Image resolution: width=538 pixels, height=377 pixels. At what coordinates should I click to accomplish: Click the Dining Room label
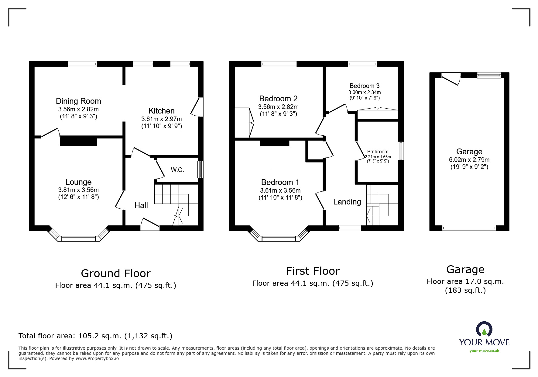click(78, 101)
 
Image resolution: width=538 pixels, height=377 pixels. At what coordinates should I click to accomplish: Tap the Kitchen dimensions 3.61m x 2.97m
click(161, 119)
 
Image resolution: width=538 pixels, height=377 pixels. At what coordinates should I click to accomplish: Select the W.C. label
click(177, 170)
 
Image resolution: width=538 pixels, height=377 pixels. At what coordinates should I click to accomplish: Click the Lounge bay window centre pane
click(78, 239)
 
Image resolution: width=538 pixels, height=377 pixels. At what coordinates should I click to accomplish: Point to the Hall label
click(141, 205)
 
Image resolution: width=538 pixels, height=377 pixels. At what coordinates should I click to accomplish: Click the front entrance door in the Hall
click(150, 225)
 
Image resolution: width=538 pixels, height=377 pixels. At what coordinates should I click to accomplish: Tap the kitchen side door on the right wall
click(197, 107)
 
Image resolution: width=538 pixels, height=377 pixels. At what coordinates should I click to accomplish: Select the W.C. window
click(200, 169)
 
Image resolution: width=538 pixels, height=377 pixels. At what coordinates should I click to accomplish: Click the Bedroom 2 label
click(278, 99)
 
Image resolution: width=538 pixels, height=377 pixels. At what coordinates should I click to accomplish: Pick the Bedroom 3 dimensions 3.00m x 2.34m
click(364, 92)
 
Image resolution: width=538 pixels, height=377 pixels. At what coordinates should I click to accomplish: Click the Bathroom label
click(378, 152)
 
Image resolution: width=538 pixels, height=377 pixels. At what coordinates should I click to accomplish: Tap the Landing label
click(347, 202)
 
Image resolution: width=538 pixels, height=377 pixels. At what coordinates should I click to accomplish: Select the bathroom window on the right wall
click(401, 151)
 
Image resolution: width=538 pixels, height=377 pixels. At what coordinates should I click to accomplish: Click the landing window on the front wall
click(350, 228)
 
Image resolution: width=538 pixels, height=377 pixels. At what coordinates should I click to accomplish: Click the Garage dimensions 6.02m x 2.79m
click(469, 160)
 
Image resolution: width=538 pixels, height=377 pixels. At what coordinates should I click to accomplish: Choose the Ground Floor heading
click(115, 273)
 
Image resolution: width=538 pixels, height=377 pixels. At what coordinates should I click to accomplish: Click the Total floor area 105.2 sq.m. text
click(95, 336)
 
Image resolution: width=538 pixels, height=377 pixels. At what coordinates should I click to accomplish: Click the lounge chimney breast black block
click(78, 141)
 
